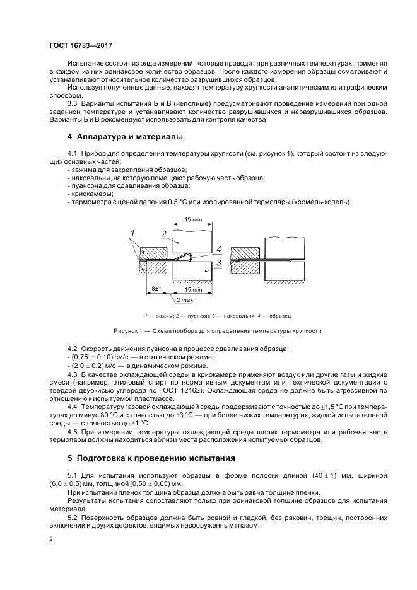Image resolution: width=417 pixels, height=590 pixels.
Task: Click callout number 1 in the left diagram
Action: coord(134,233)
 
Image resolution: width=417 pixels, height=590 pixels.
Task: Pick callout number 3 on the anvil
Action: coord(218,262)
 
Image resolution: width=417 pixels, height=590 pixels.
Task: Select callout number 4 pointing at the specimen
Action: coord(218,248)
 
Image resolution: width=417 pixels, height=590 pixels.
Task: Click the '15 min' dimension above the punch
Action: coord(194,219)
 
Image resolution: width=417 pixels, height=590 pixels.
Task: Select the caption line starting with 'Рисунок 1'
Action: coord(217,330)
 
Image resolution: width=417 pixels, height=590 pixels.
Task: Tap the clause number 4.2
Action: coord(72,349)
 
